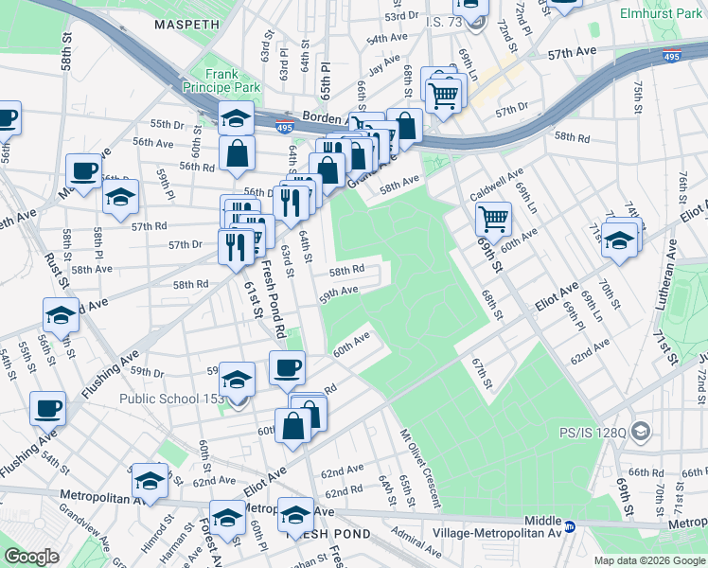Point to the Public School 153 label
coord(171,399)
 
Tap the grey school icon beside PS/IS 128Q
coord(641,431)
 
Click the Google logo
coord(31,557)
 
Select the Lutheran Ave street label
coord(664,280)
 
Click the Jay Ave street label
coord(384,66)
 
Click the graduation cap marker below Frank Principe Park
coord(236,117)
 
